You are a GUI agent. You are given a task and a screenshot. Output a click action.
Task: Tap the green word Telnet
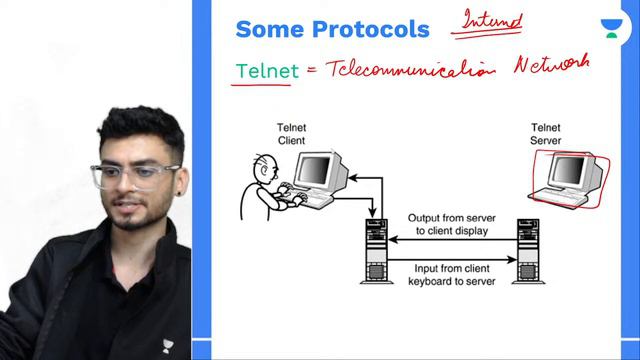[261, 72]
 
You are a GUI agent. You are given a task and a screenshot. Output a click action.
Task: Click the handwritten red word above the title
[491, 19]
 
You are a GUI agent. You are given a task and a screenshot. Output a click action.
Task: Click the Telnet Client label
[291, 134]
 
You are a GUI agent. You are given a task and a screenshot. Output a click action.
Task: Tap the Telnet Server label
[546, 134]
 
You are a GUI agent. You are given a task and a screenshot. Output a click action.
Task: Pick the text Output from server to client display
[447, 224]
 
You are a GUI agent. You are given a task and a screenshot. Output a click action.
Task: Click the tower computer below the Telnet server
[527, 251]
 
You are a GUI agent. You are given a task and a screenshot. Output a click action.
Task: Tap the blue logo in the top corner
[610, 28]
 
